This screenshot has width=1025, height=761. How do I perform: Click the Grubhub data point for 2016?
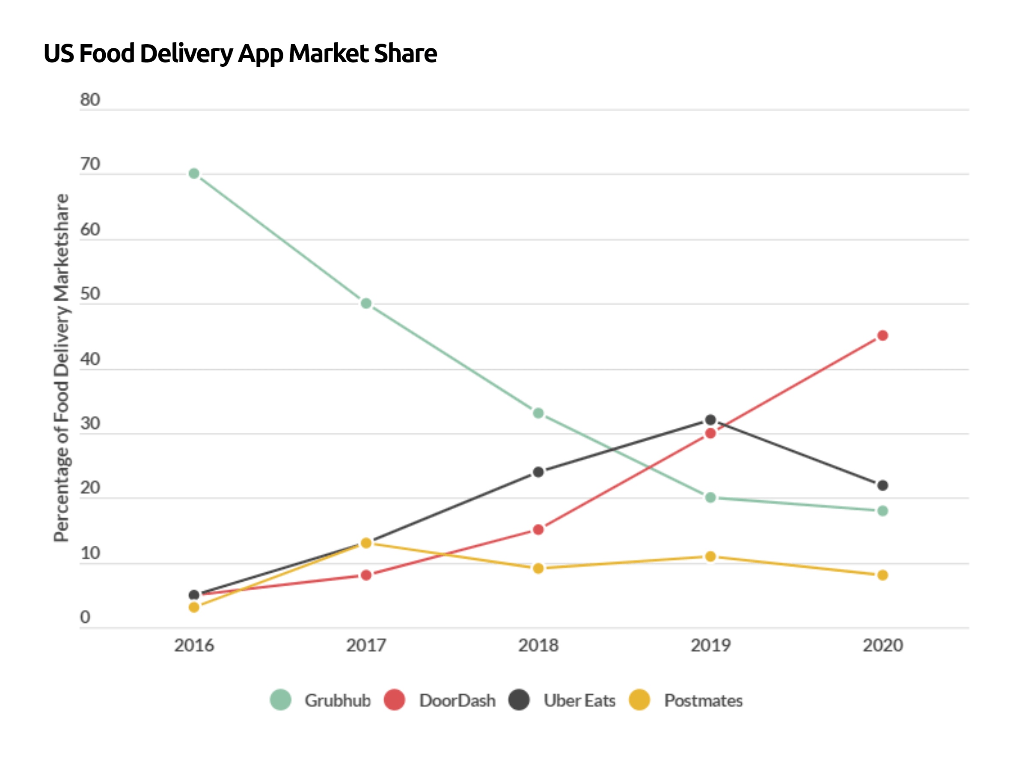[x=194, y=174]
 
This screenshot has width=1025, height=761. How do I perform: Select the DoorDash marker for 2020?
[x=882, y=336]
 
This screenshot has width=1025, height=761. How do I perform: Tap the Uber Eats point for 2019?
[x=710, y=419]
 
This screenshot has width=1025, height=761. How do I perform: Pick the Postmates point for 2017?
[x=366, y=543]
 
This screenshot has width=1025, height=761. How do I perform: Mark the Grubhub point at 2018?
[x=538, y=413]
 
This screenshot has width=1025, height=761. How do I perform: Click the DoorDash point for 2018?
[x=538, y=530]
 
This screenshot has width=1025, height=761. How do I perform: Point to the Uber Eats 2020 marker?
[x=882, y=485]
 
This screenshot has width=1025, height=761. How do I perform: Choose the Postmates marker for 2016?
[x=194, y=607]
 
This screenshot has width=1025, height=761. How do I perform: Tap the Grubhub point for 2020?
[x=882, y=511]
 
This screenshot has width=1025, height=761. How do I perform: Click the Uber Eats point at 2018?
[x=538, y=472]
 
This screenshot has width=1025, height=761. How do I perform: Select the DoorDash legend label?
[x=457, y=700]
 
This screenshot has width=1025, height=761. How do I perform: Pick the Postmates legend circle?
[x=639, y=700]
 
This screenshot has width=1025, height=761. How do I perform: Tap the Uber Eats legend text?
[x=579, y=700]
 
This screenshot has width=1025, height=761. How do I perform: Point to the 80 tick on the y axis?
[x=90, y=99]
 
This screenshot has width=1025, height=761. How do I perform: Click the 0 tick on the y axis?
[x=85, y=617]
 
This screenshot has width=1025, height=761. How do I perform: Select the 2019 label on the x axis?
[x=710, y=645]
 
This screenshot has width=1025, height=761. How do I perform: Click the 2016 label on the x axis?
[x=194, y=645]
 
